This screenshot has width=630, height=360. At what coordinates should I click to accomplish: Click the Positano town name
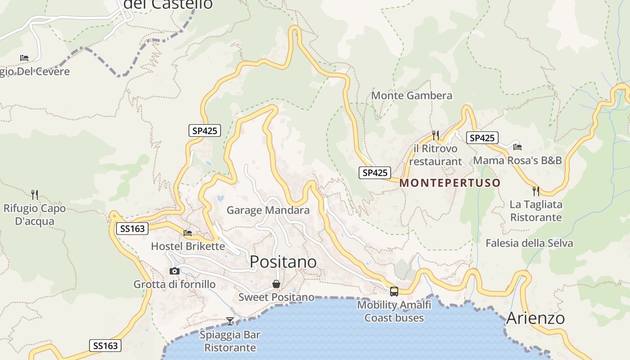pos(283,261)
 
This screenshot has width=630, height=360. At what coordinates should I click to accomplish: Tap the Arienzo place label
pos(535,318)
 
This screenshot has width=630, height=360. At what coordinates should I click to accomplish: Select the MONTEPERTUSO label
pos(450,183)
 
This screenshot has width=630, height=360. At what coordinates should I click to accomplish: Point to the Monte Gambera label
pos(411,95)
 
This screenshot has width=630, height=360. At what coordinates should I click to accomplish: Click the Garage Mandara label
pos(268,210)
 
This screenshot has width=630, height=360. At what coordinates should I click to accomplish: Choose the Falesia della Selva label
pos(529,243)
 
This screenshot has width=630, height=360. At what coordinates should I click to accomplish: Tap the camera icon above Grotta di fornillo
pos(175,271)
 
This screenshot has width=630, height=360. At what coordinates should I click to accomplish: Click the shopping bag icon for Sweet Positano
pos(276,284)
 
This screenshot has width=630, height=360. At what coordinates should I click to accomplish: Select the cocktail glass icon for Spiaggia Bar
pos(230,321)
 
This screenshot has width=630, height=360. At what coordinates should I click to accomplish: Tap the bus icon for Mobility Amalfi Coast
pos(394,291)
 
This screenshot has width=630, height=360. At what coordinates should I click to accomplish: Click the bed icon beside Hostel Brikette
pos(188,233)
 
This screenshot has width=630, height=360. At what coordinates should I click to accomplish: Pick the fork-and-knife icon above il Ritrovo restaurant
pos(435,135)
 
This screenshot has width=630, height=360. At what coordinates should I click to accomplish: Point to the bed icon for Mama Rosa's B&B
pos(517,147)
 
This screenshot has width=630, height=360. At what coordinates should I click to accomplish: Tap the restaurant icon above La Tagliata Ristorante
pos(536,191)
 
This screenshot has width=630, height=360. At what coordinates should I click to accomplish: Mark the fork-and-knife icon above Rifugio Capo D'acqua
pos(35,194)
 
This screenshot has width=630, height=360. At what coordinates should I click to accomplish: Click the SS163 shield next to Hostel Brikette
pos(132,229)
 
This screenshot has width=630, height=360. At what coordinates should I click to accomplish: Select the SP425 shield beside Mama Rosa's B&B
pos(482,138)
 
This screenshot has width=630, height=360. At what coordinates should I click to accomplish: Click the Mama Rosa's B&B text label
pos(517,160)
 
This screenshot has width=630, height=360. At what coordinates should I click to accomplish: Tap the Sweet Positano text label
pos(276,297)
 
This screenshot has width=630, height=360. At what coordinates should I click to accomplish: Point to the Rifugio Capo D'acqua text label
pos(35,215)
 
